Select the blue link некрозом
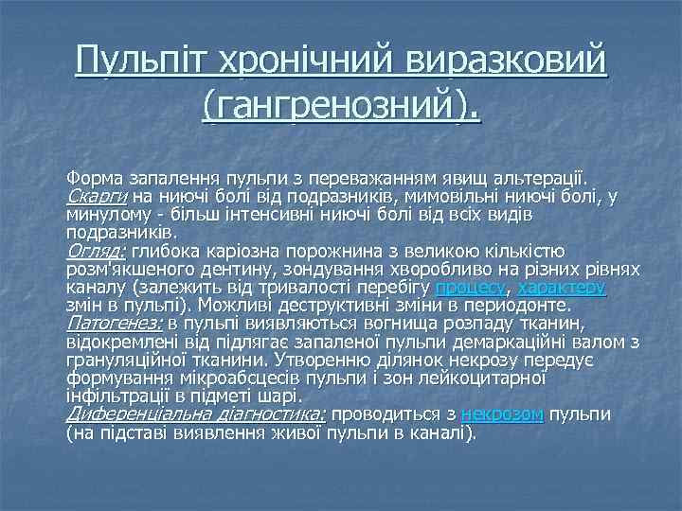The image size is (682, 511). coord(502,414)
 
